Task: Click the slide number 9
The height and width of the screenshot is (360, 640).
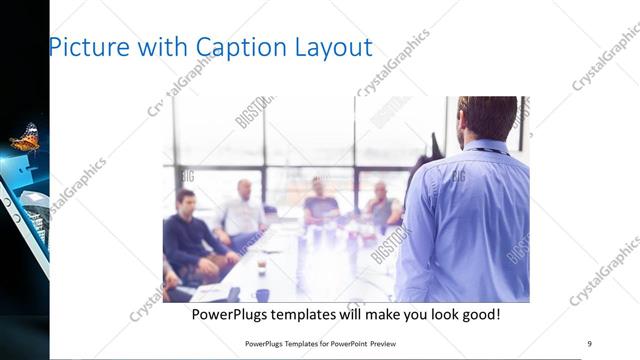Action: [x=589, y=342]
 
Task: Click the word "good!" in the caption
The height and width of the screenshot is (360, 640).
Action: [x=479, y=315]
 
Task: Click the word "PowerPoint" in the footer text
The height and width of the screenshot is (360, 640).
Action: [x=344, y=342]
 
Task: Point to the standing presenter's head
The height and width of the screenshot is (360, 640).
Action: [x=487, y=117]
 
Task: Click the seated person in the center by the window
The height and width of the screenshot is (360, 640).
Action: [x=320, y=205]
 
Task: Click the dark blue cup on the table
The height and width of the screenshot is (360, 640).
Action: [x=262, y=295]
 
